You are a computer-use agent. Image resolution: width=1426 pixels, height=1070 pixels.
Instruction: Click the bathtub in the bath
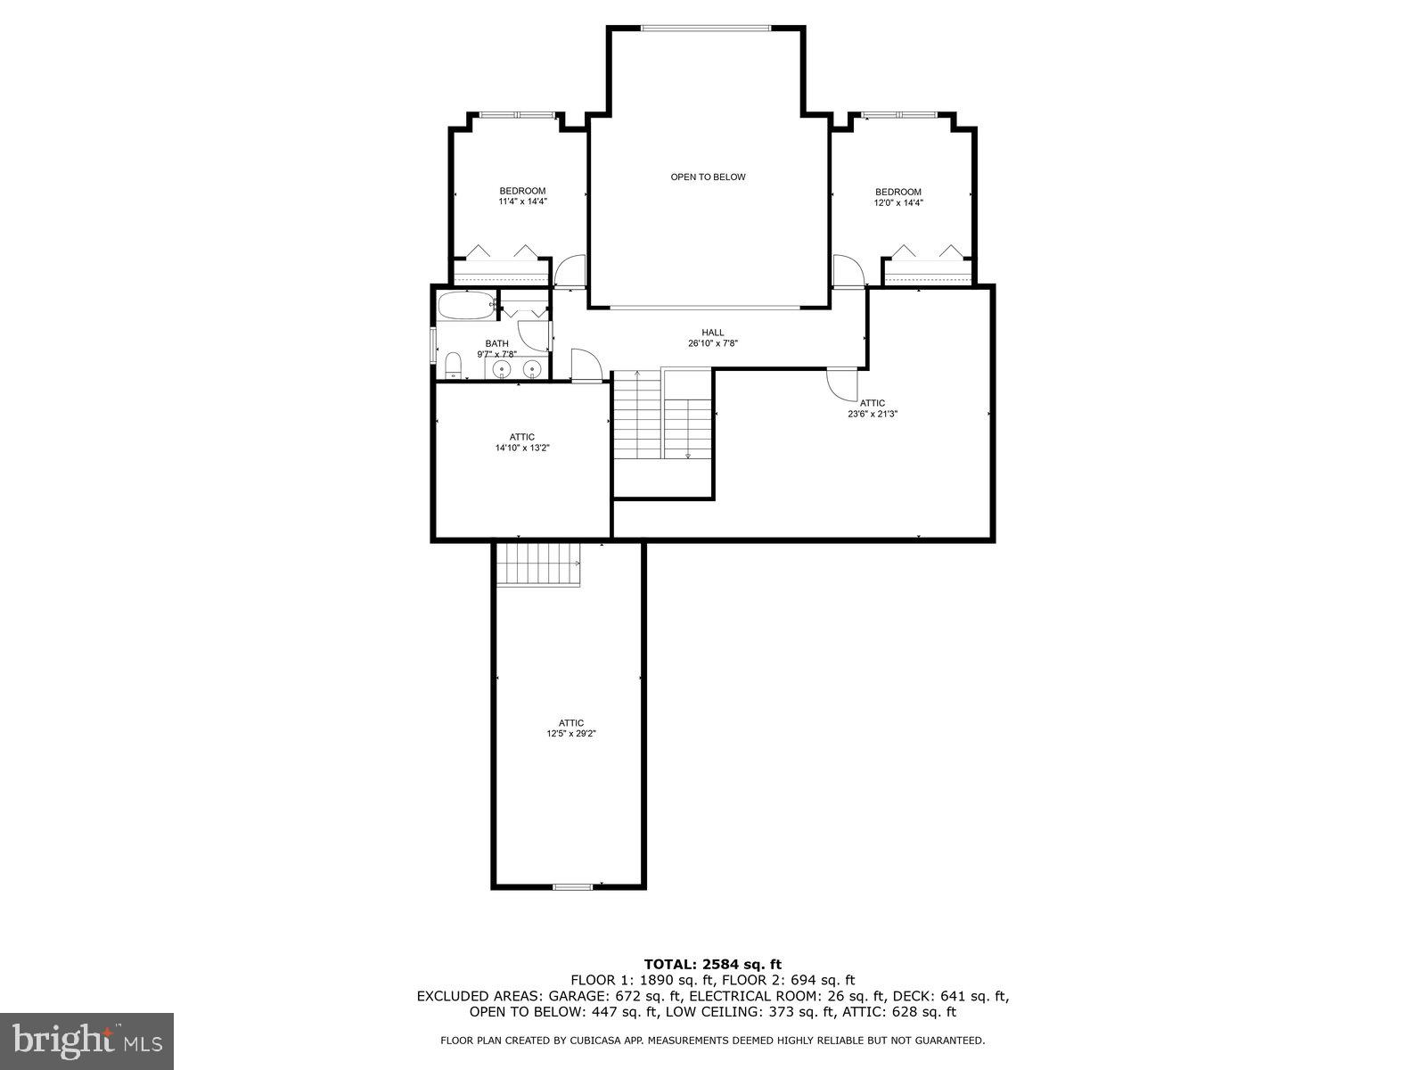point(465,305)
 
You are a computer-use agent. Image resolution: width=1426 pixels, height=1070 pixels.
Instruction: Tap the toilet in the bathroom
point(453,366)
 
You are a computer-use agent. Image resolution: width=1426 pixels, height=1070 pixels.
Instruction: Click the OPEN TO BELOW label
point(708,177)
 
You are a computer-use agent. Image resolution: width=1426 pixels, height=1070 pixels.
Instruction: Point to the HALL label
point(713,333)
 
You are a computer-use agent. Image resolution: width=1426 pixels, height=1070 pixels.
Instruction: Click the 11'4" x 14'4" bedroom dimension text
point(522,202)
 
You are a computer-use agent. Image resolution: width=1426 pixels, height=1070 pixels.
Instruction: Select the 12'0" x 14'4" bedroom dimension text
point(897,203)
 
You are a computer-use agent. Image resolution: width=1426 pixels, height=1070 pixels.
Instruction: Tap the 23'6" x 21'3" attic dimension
point(873,414)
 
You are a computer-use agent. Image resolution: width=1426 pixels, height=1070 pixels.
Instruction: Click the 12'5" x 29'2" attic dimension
point(571,734)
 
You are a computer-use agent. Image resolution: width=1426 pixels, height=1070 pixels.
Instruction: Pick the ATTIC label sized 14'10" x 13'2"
point(522,437)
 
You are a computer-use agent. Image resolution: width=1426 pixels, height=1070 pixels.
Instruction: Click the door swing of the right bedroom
point(847,270)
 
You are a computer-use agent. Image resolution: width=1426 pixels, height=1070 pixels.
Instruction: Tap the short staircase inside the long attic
point(537,564)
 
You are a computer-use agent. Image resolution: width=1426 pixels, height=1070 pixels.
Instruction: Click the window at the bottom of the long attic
point(572,886)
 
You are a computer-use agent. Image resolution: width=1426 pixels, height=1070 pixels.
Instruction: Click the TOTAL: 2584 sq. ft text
point(712,964)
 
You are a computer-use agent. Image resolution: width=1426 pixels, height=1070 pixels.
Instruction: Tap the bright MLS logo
point(86,1040)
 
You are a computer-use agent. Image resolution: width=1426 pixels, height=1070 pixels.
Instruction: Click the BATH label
point(496,343)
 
